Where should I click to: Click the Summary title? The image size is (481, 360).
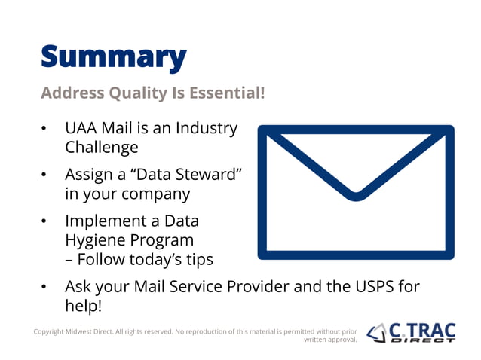coord(113,56)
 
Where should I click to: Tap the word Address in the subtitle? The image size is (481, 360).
coord(70,93)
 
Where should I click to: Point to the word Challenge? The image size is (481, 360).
coord(102,148)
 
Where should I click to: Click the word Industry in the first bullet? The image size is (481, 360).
coord(207,129)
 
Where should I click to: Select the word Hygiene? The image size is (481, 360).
coord(98,240)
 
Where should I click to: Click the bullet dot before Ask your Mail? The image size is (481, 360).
coord(44,288)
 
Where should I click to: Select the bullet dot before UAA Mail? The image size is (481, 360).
coord(44,130)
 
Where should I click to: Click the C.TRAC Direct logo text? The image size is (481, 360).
coord(422,332)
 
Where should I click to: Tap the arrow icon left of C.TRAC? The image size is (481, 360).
coord(377,332)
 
